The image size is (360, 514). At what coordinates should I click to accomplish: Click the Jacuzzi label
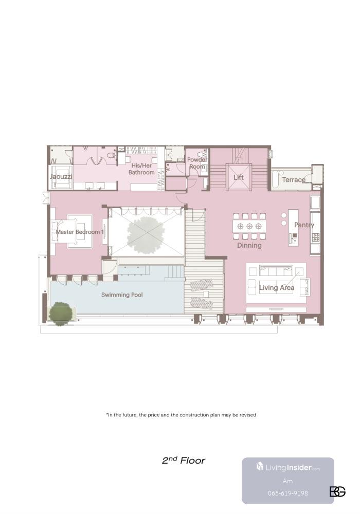point(61,176)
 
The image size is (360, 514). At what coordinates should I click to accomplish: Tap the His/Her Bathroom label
point(141,169)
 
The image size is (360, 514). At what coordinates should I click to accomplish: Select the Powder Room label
point(197,163)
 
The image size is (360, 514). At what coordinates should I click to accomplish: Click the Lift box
point(239,177)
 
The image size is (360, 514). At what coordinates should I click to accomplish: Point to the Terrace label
point(294,179)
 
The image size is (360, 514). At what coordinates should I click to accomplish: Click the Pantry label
point(304,225)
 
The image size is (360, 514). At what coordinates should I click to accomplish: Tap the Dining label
point(249,245)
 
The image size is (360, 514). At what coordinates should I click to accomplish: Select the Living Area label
point(276,287)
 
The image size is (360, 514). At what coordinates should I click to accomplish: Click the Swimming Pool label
point(122,295)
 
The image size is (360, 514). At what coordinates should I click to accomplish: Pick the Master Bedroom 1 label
point(80,232)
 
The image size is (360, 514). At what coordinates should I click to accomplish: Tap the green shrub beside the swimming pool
point(60,314)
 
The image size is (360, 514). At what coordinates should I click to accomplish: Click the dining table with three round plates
point(249,226)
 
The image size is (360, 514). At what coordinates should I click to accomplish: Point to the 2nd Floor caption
point(184,460)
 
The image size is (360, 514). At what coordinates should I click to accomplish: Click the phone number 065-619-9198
point(288,493)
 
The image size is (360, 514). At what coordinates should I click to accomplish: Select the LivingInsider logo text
point(288,467)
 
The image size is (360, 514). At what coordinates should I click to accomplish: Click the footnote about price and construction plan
point(181,415)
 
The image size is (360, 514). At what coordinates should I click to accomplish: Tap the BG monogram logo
point(337,491)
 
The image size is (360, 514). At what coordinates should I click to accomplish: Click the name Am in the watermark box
point(287,481)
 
